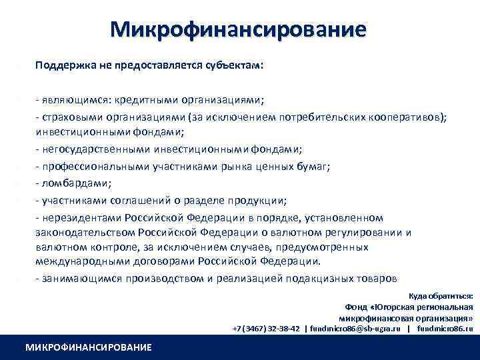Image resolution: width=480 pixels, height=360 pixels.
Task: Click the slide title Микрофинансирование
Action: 239,29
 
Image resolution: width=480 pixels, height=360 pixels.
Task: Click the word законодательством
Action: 85,232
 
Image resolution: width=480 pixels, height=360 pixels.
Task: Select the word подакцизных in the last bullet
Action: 319,278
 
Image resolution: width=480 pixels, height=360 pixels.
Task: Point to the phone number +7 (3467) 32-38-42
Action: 266,329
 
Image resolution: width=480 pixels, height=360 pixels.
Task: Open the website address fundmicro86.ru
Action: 445,329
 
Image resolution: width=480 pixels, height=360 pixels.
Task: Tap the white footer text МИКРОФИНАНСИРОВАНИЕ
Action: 88,347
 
